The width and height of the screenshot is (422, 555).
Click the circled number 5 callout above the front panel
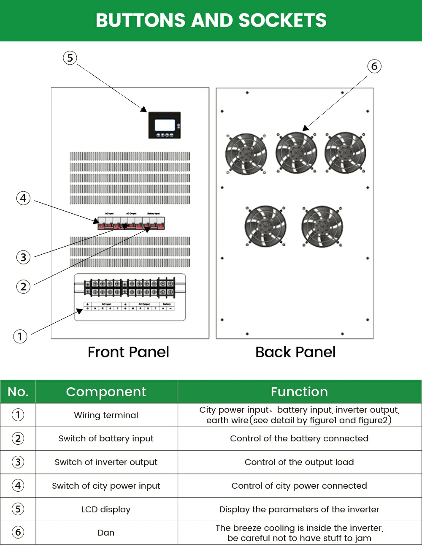coord(70,58)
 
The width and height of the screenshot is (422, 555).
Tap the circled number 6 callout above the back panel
coord(374,66)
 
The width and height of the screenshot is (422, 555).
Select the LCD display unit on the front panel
coord(165,125)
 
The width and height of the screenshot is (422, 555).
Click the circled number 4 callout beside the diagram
coord(24,198)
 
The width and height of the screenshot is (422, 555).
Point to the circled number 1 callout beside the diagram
coord(20,337)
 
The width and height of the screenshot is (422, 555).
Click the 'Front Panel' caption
coord(128,352)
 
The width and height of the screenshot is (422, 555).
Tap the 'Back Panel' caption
coord(295,352)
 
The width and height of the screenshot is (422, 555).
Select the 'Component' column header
coord(106,392)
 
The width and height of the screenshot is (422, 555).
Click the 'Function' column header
coord(299,392)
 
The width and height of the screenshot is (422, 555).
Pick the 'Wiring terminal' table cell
coord(106,415)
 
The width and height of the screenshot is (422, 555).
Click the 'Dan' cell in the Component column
coord(106,533)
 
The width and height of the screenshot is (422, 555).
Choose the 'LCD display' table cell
coord(106,509)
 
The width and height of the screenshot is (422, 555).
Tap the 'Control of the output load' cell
coord(299,462)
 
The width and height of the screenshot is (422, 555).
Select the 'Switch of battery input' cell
coord(106,438)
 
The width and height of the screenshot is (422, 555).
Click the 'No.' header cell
coord(18,392)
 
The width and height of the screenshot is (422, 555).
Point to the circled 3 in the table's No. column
coord(18,462)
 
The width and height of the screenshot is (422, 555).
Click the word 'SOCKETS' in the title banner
coord(282,21)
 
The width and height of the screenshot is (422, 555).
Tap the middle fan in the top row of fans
coord(296,153)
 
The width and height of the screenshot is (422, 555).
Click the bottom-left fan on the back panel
coord(265,226)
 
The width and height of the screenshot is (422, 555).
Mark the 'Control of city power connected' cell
coord(299,486)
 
